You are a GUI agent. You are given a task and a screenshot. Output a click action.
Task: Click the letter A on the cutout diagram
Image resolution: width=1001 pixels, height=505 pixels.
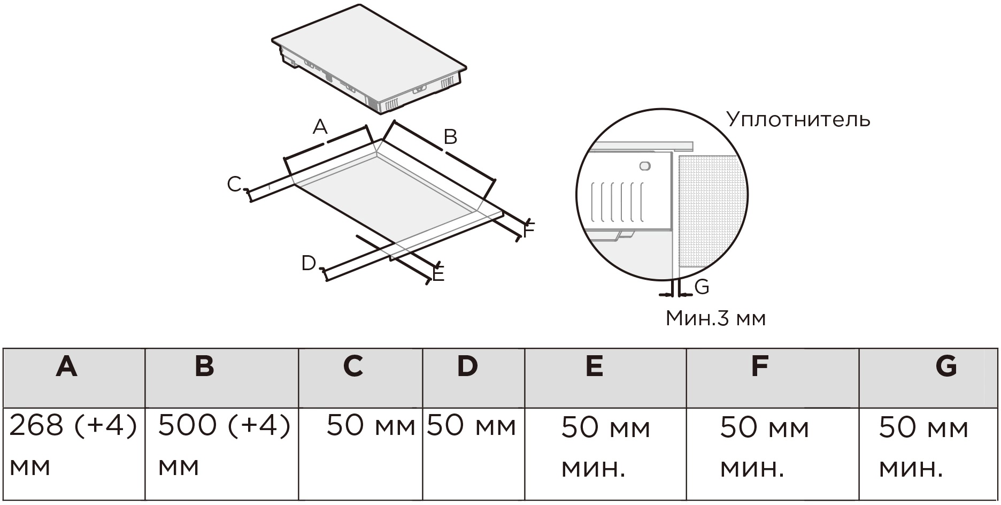tap(320, 127)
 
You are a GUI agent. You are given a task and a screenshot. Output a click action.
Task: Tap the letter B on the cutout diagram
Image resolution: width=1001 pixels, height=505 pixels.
tap(450, 137)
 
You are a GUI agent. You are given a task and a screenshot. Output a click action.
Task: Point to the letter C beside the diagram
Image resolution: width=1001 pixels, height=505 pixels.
tap(234, 184)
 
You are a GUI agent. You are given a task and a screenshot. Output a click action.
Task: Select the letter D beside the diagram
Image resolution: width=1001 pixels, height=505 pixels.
tap(309, 263)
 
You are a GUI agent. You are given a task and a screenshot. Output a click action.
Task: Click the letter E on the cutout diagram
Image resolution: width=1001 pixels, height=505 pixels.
tap(438, 275)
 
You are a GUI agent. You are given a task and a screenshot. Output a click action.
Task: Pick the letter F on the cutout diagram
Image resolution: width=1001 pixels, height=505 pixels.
tap(529, 231)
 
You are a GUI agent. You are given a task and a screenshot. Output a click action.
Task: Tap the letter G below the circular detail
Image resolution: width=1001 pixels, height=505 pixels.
tap(702, 287)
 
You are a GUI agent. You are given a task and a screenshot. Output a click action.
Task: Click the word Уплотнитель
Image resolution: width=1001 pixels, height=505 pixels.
tap(798, 119)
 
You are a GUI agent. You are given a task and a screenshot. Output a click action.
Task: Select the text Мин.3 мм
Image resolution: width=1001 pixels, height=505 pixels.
tap(715, 318)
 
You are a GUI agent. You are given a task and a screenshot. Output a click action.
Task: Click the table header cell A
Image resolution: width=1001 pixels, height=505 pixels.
tap(67, 367)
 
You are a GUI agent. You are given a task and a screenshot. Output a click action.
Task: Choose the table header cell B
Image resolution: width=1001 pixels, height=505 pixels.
tap(205, 367)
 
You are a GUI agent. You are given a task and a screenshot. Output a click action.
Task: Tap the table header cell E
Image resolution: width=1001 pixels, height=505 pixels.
tap(594, 367)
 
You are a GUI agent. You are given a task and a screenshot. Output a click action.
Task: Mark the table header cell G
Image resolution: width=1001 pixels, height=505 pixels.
tap(946, 367)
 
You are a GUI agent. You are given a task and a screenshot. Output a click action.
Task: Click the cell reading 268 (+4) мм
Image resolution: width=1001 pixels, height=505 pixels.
tap(73, 446)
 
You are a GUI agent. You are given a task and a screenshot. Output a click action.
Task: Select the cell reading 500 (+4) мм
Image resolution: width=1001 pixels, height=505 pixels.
tap(224, 446)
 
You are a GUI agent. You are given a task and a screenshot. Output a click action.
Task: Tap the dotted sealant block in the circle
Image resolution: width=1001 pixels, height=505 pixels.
tap(711, 211)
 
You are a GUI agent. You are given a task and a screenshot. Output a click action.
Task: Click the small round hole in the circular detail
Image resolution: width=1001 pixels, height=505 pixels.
tap(645, 166)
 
